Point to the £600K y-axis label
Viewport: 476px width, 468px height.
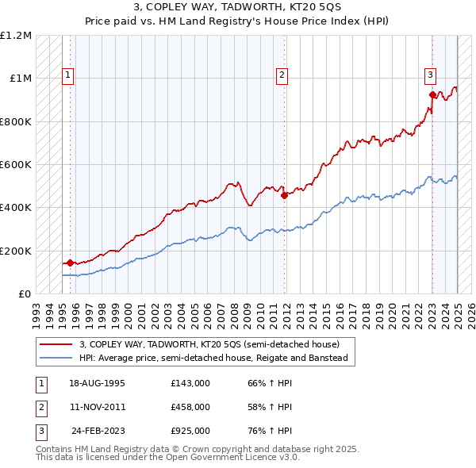point(16,164)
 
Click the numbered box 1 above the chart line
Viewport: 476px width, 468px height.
point(69,76)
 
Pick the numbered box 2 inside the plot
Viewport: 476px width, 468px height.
point(282,76)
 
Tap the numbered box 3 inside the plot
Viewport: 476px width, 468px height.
point(430,76)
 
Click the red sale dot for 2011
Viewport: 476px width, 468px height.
point(284,195)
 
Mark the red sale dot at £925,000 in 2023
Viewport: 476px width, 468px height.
point(432,95)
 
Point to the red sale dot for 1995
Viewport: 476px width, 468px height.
point(71,263)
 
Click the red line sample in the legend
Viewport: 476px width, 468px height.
point(55,344)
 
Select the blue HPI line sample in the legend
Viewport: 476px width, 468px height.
point(55,358)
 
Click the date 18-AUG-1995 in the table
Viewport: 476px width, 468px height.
point(97,383)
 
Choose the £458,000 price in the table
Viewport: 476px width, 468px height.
point(190,407)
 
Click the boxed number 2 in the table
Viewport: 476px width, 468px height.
point(40,407)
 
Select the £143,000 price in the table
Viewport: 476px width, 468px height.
point(190,383)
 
